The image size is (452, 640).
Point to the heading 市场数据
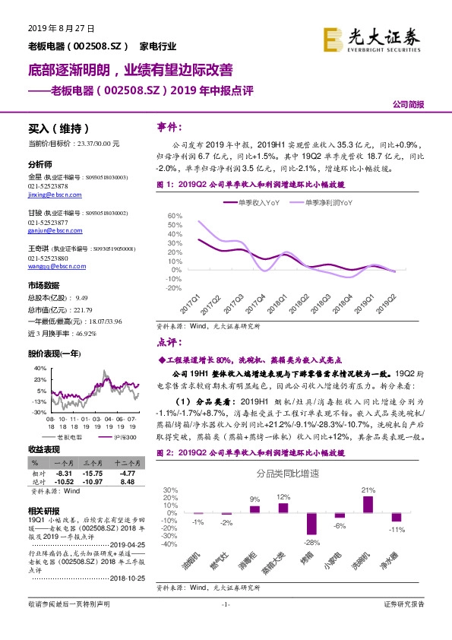(x=43, y=285)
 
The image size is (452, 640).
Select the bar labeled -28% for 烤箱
(x=311, y=524)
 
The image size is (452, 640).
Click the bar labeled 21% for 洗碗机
(x=368, y=503)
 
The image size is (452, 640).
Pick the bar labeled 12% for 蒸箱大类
(x=283, y=508)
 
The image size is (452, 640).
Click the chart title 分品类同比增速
(x=288, y=474)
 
